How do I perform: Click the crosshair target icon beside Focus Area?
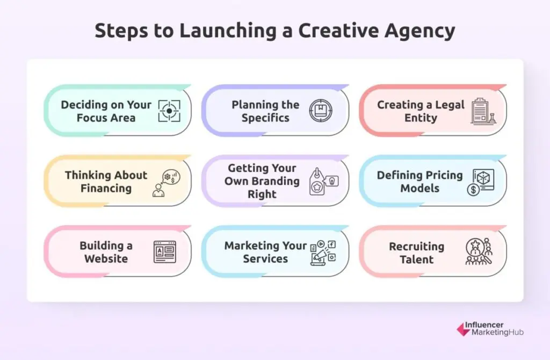(169, 111)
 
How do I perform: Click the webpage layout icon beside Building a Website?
(165, 252)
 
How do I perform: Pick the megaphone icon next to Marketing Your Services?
(323, 252)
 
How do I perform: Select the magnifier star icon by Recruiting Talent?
(477, 251)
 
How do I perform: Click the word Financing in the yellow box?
(106, 189)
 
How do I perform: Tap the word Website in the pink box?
(106, 258)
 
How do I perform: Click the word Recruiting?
(416, 247)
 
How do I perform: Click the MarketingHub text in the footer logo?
(497, 333)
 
